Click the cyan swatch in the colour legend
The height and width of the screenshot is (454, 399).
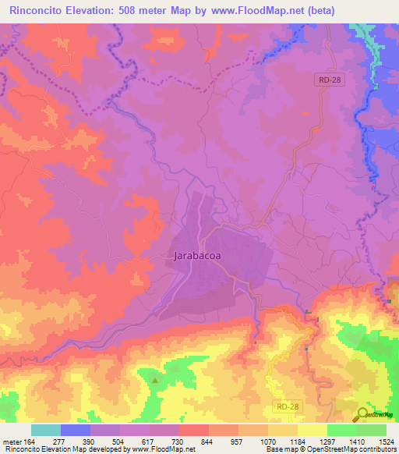[x=46, y=430]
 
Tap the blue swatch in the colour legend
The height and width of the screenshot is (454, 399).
[x=76, y=430]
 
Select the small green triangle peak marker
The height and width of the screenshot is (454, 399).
[x=154, y=381]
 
